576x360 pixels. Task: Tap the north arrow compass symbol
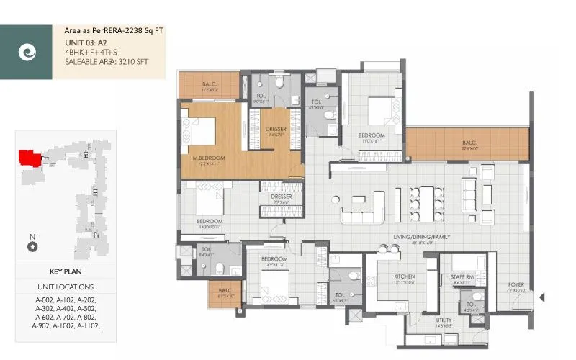tap(32, 247)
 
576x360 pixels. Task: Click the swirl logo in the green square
tap(26, 53)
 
